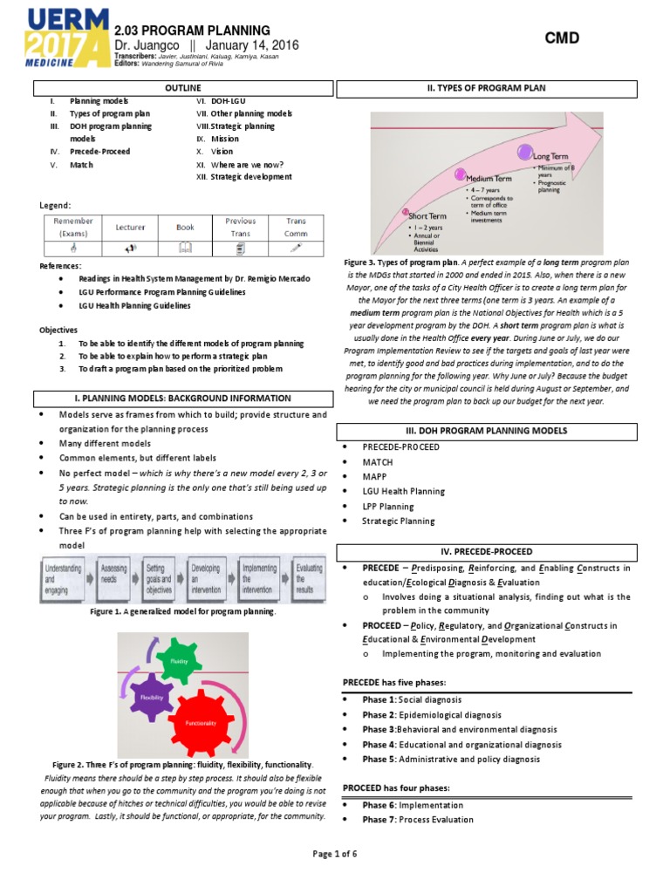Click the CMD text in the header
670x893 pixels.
click(562, 37)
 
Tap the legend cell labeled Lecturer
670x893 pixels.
click(130, 227)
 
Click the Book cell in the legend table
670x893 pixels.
click(185, 227)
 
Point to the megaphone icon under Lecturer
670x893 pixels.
click(130, 249)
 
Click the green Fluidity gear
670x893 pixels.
click(180, 660)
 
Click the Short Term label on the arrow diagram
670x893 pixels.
click(426, 216)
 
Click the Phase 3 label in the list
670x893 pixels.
click(379, 729)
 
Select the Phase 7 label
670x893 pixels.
click(379, 820)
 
